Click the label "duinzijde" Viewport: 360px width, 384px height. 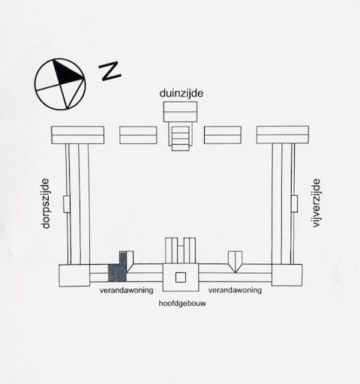click(181, 94)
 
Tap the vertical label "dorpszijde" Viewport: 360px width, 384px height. click(46, 203)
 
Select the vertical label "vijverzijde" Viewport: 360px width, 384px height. click(316, 202)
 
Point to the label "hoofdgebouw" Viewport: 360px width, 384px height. click(182, 304)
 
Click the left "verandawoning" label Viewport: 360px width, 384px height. click(127, 290)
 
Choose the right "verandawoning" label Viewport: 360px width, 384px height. click(235, 290)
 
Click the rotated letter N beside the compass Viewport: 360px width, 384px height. click(109, 71)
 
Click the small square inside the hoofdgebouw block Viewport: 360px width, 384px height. click(181, 277)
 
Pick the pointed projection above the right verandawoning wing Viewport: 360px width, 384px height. click(235, 262)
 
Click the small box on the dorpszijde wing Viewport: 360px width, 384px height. click(67, 204)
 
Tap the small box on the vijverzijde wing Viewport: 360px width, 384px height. click(294, 204)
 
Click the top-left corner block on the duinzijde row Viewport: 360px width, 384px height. click(78, 135)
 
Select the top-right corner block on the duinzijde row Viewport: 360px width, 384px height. click(283, 135)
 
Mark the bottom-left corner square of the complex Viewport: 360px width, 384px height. click(74, 275)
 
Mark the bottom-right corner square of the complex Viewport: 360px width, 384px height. click(286, 275)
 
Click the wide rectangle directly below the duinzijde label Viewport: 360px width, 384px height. click(180, 112)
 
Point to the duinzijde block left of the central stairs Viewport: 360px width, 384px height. click(138, 135)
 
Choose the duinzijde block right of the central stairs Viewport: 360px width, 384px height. click(223, 135)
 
